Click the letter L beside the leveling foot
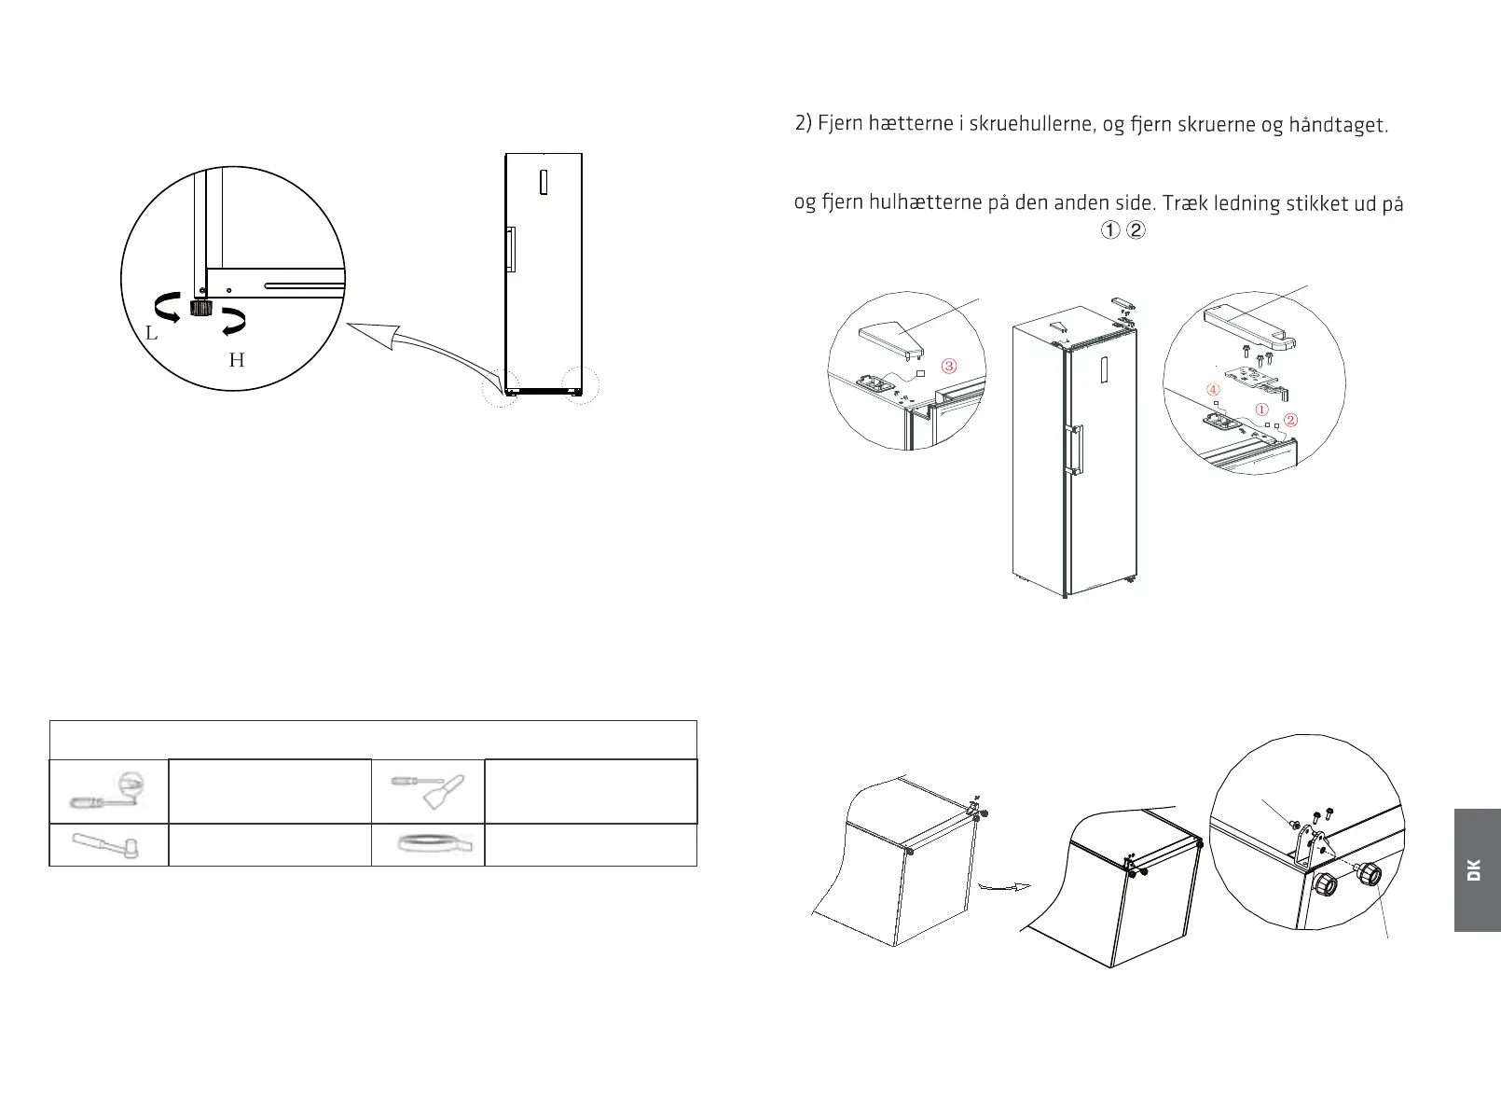tap(151, 332)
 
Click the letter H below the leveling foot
tap(237, 360)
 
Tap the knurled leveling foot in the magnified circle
tap(199, 308)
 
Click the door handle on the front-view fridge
tap(511, 250)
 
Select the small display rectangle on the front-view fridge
tap(543, 182)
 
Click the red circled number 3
tap(949, 366)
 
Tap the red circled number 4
tap(1213, 389)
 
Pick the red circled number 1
tap(1262, 409)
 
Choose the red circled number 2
tap(1291, 420)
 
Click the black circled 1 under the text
tap(1109, 230)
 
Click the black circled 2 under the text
tap(1136, 230)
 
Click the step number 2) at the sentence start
tap(804, 123)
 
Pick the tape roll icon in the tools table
tap(434, 844)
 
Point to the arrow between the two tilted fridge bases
tap(1005, 887)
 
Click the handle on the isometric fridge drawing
tap(1077, 450)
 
